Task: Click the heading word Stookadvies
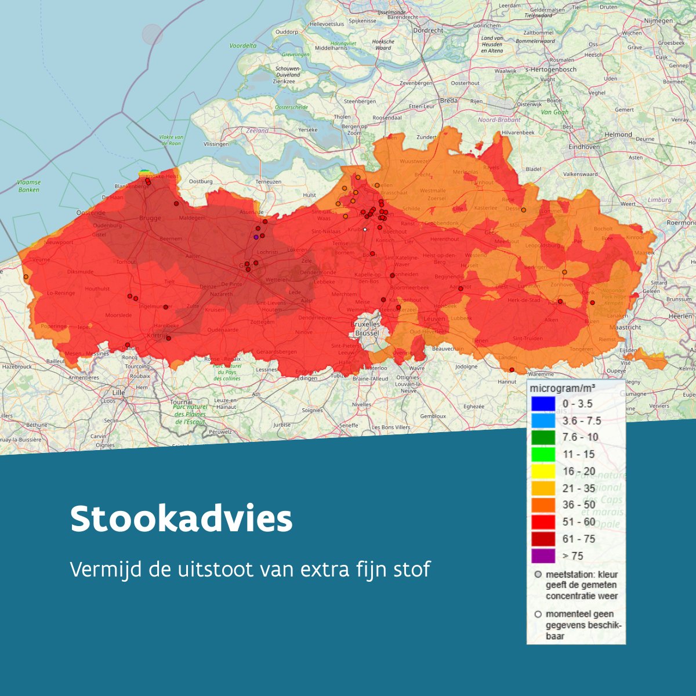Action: pyautogui.click(x=181, y=519)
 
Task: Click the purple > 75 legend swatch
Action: pyautogui.click(x=543, y=556)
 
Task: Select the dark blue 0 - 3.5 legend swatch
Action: pyautogui.click(x=543, y=404)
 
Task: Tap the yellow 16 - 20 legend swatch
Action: pyautogui.click(x=543, y=471)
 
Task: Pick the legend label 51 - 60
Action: pyautogui.click(x=579, y=522)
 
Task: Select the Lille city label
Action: pyautogui.click(x=118, y=393)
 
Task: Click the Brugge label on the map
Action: pyautogui.click(x=150, y=219)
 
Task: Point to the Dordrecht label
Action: pyautogui.click(x=428, y=31)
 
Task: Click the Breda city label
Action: pyautogui.click(x=448, y=100)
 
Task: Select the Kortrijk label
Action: pyautogui.click(x=157, y=336)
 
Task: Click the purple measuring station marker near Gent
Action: pyautogui.click(x=256, y=237)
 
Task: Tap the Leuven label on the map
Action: pyautogui.click(x=434, y=319)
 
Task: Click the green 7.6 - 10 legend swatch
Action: pyautogui.click(x=543, y=437)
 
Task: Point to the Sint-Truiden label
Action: pyautogui.click(x=528, y=339)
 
